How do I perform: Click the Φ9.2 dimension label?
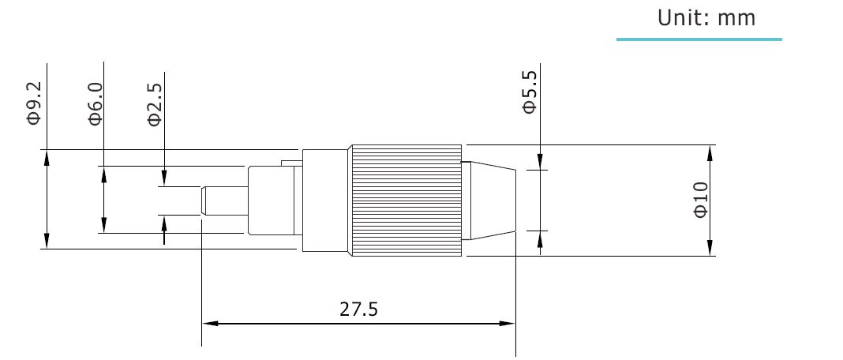pos(35,103)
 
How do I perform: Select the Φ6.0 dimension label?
pos(96,104)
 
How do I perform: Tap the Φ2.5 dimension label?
pos(154,104)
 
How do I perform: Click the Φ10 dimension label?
pos(701,200)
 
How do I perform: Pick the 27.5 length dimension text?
pos(358,309)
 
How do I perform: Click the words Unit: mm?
pos(706,18)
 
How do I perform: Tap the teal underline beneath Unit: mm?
pos(699,39)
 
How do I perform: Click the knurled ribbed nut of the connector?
pos(407,201)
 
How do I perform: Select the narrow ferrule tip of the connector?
pos(224,201)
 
